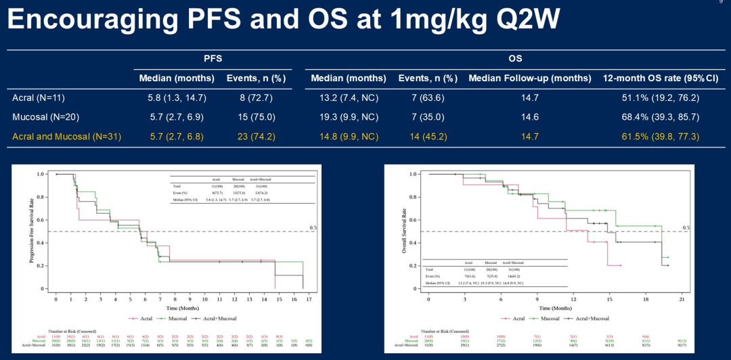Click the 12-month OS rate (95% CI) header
click(x=660, y=78)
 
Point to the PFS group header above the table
click(x=213, y=59)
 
